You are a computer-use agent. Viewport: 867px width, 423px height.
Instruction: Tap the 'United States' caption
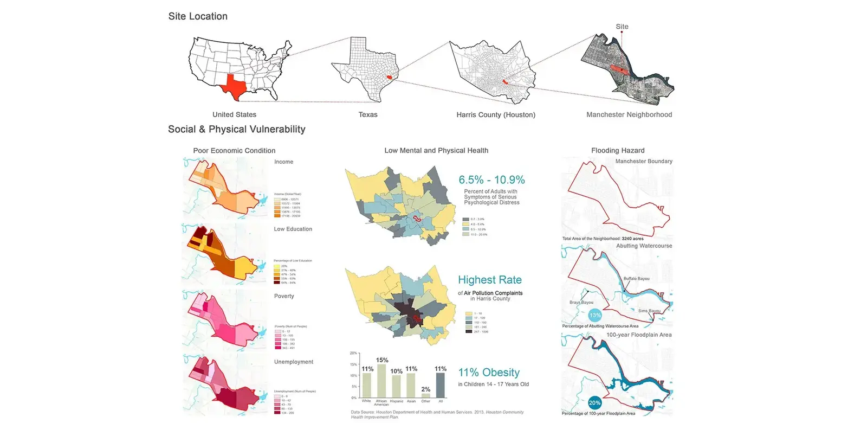234,114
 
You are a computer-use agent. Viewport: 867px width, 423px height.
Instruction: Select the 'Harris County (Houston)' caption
495,114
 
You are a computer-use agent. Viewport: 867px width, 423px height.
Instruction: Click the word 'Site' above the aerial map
622,27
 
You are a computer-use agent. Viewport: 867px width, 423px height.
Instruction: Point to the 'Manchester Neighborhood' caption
629,114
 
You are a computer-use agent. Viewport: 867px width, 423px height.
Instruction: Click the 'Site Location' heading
198,16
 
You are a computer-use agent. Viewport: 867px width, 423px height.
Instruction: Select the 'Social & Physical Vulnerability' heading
236,129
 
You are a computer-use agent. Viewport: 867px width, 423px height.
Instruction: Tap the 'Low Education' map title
293,229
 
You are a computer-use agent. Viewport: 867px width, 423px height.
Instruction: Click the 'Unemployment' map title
293,362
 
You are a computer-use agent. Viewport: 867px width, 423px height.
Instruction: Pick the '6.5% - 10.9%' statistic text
491,180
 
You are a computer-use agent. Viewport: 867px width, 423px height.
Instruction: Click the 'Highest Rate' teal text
489,280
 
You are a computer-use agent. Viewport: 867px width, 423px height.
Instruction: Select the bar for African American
381,381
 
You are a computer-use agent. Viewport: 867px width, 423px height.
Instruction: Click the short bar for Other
426,396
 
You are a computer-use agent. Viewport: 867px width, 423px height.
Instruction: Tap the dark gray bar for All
441,385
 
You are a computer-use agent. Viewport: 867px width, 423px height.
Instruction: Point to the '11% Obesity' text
488,373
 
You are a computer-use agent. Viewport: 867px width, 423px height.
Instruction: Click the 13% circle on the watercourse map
595,315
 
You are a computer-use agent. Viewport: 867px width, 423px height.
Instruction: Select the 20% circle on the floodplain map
594,403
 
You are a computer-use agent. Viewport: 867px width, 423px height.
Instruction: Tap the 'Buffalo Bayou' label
636,279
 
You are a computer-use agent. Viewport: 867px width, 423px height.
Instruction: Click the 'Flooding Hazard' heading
618,150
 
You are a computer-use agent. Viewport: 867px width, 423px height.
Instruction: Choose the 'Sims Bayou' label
649,311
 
